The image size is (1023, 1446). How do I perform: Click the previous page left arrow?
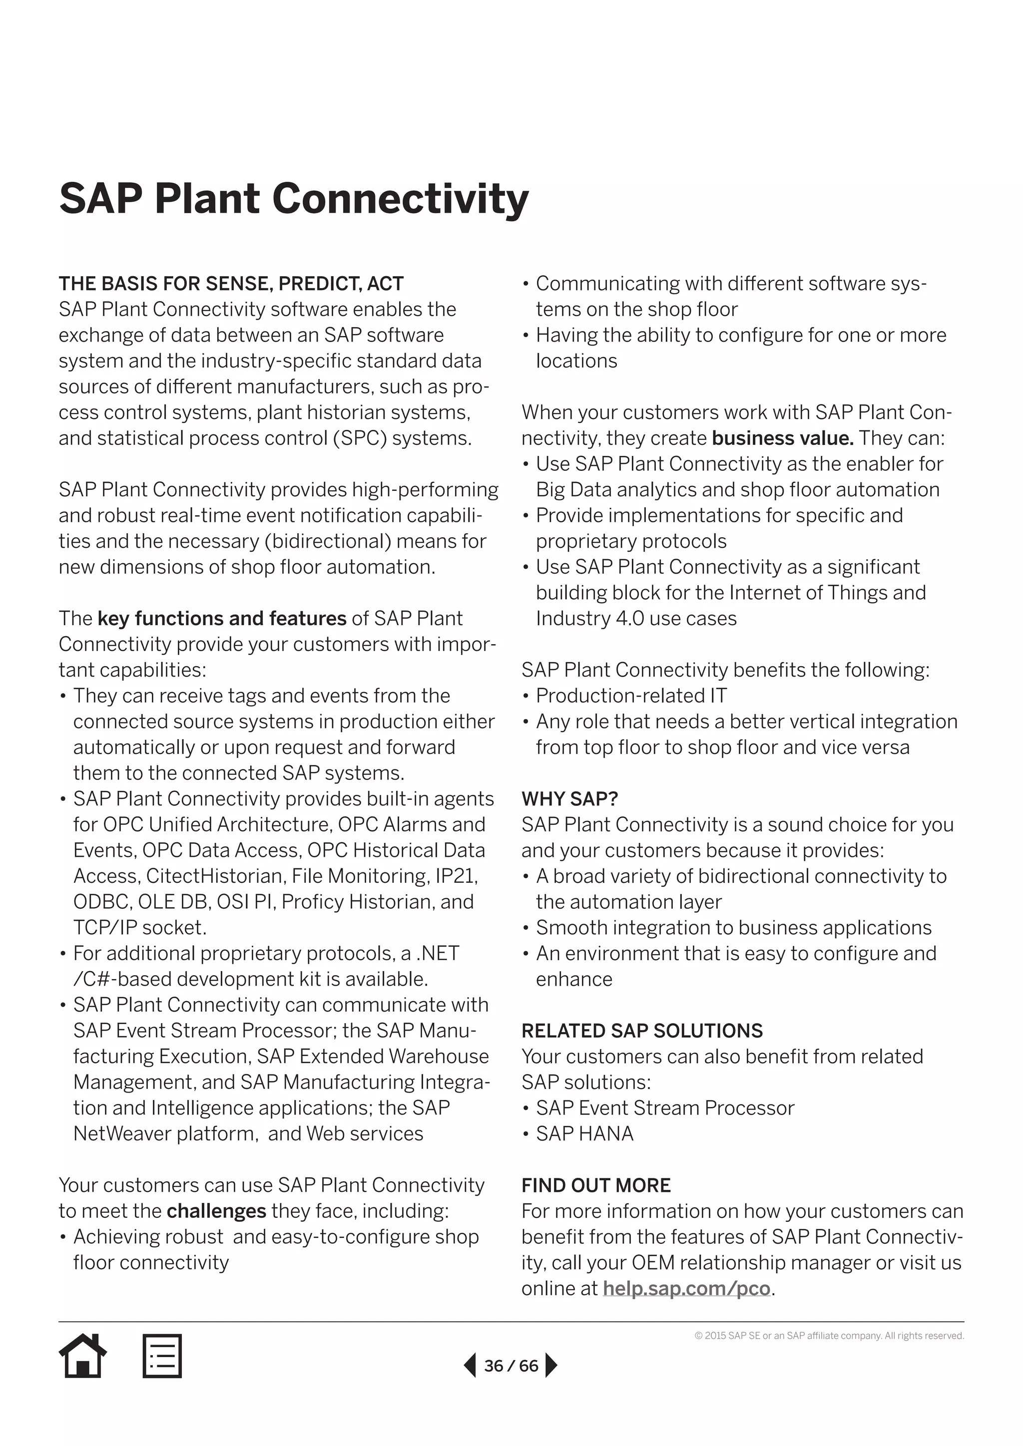click(470, 1366)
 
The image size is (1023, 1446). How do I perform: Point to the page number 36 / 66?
click(511, 1366)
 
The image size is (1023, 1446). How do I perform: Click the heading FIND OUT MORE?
click(596, 1185)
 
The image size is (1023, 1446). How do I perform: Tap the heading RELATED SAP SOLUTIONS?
click(642, 1031)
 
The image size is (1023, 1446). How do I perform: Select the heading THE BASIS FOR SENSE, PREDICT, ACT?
click(231, 284)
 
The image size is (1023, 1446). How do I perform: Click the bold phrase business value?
click(783, 438)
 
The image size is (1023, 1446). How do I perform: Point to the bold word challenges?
click(217, 1211)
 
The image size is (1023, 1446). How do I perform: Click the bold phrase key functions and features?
click(222, 619)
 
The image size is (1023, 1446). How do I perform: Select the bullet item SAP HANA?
click(584, 1133)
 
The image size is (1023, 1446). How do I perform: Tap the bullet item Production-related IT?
click(631, 696)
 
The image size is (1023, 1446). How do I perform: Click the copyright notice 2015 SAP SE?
click(829, 1336)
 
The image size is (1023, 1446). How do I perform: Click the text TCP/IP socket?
click(140, 928)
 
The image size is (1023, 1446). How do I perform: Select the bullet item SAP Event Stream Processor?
click(664, 1108)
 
